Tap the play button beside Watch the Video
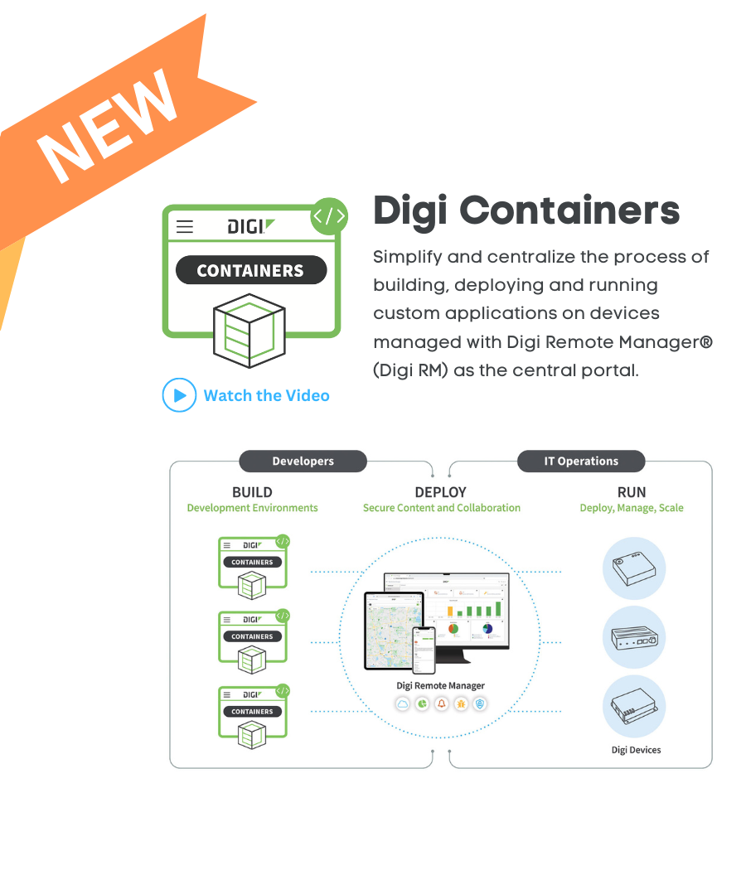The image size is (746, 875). tap(178, 395)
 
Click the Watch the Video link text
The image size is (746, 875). tap(266, 396)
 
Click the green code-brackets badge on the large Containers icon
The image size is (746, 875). tap(328, 217)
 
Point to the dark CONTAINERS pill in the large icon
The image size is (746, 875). tap(250, 271)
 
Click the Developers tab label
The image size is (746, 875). tap(303, 462)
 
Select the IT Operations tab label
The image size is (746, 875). tap(581, 462)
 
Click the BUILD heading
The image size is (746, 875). tap(252, 492)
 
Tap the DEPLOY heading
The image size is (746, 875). tap(441, 492)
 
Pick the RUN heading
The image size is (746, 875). tap(632, 492)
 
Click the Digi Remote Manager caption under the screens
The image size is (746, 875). tap(441, 685)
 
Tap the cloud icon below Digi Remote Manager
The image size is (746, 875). tap(403, 703)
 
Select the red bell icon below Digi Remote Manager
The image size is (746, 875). tap(441, 703)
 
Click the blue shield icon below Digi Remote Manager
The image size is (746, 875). tap(479, 703)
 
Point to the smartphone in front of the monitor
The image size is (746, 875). tap(424, 649)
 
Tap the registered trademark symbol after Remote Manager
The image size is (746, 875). tap(706, 341)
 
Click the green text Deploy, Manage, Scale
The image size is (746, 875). tap(632, 508)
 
